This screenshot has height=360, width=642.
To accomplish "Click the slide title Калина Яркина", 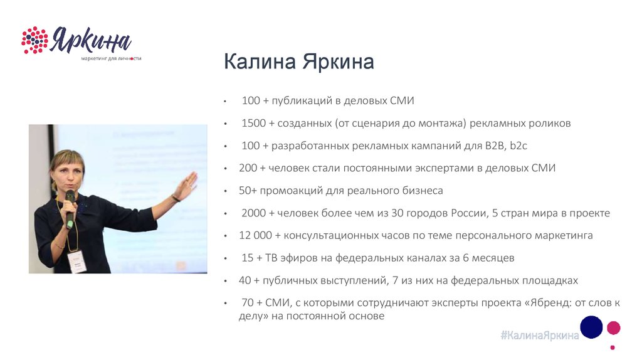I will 298,63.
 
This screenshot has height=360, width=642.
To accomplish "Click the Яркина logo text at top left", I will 91,41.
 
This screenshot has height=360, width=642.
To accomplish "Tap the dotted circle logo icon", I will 34,40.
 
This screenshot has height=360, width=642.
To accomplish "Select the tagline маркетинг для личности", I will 111,58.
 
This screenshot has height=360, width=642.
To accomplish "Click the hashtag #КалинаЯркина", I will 540,336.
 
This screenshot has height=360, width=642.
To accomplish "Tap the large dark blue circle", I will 591,327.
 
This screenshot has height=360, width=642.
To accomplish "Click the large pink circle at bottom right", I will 614,327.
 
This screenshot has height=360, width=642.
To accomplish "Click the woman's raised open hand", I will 186,184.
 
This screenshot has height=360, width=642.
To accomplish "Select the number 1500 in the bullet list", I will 252,124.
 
